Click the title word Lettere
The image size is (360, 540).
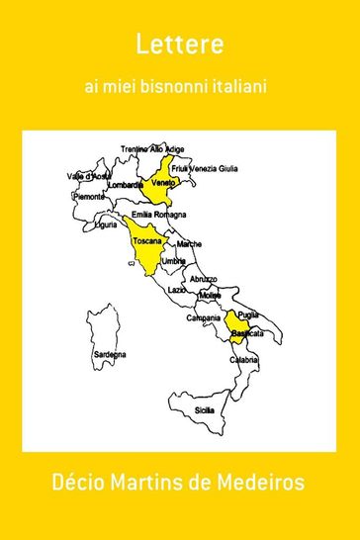[180, 45]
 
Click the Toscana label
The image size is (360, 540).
[147, 240]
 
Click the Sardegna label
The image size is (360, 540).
[109, 354]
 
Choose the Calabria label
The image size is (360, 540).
[245, 361]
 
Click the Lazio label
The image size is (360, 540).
[177, 290]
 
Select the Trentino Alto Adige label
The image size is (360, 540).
[153, 149]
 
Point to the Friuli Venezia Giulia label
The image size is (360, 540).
[206, 168]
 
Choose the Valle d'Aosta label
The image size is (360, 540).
[86, 176]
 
